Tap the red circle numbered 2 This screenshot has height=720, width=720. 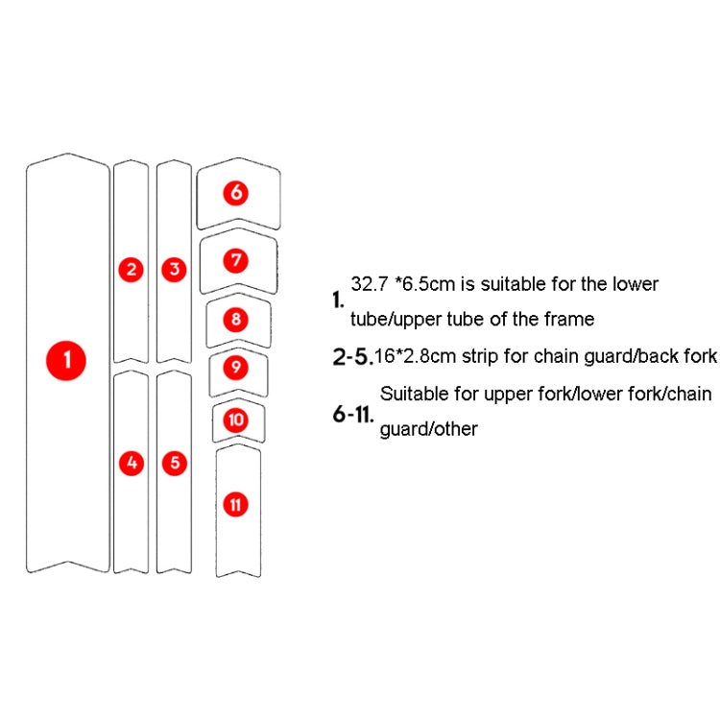132,270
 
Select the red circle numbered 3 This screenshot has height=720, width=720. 174,270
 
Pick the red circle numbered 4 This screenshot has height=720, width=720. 132,463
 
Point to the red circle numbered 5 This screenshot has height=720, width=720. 174,463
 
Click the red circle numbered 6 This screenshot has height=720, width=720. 236,193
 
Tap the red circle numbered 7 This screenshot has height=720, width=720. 237,260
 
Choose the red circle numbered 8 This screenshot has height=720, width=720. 237,320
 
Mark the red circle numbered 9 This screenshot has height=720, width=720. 237,367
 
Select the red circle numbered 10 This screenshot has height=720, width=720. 237,420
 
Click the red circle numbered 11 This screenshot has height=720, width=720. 236,504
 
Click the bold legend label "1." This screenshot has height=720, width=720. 338,300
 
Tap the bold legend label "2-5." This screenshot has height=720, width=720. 351,357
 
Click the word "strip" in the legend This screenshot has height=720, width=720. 468,356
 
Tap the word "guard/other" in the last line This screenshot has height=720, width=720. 428,429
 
